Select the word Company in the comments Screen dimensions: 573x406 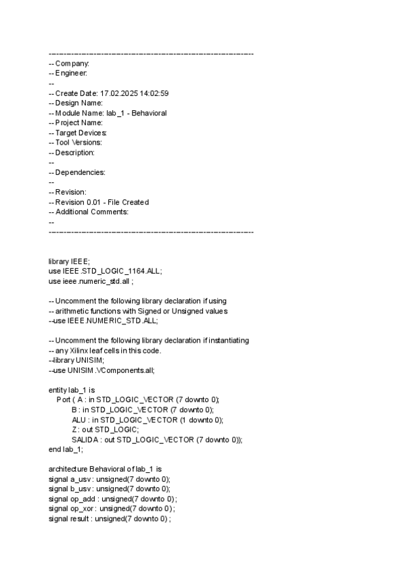tap(72, 63)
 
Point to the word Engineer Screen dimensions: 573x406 tap(70, 73)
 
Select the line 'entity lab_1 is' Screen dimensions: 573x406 tap(71, 390)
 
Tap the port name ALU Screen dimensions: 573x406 tap(79, 420)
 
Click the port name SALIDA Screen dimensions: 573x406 tap(85, 439)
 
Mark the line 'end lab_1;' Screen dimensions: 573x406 tap(66, 449)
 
